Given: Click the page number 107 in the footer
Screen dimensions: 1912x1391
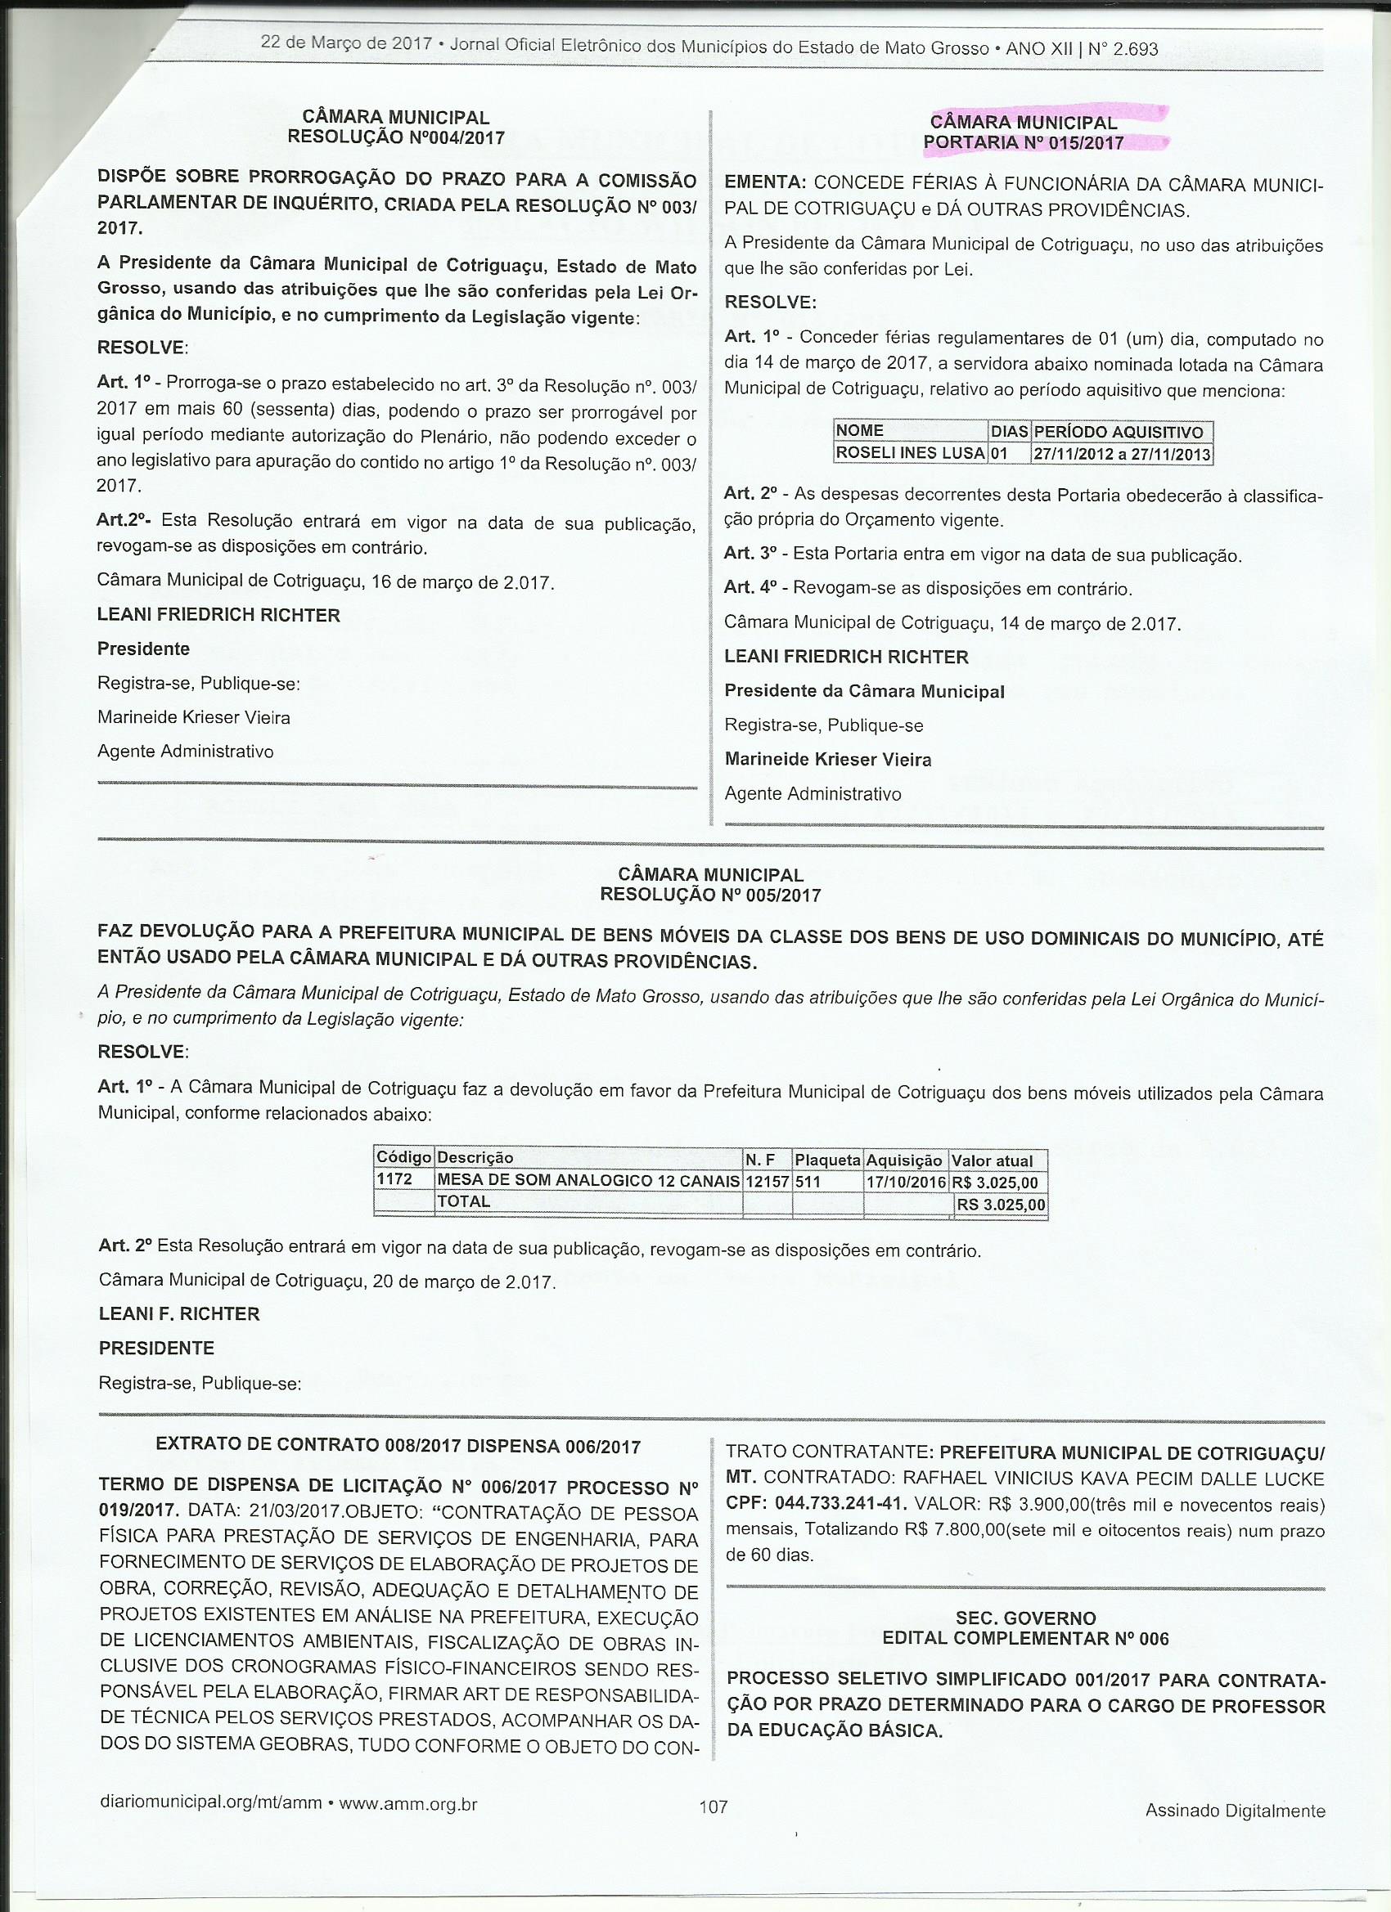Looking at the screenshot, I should pos(713,1807).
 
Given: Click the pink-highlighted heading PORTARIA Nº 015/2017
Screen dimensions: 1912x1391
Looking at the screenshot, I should pos(1024,143).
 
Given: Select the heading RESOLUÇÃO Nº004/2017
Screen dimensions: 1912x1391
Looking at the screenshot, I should pos(396,137).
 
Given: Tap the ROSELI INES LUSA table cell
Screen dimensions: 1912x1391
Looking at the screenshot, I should pos(909,454).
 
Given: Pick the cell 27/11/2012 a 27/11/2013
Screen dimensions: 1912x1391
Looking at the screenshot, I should pos(1122,456).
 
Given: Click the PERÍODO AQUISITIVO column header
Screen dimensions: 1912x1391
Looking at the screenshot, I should pos(1119,433).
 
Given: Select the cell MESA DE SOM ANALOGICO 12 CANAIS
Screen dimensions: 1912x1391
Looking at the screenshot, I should pos(588,1181).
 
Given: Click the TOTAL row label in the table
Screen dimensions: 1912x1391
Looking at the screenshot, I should pos(463,1201).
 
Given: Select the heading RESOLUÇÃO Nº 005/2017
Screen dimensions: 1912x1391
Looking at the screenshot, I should pos(710,895).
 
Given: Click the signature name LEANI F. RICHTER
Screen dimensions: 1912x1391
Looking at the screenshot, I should pos(180,1313).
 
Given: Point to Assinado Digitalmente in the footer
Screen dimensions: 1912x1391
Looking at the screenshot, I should pos(1235,1811).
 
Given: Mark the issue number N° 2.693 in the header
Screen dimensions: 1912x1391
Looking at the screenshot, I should pos(1123,50).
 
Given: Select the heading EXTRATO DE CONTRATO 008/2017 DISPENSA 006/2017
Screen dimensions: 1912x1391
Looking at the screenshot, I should pos(398,1447).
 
